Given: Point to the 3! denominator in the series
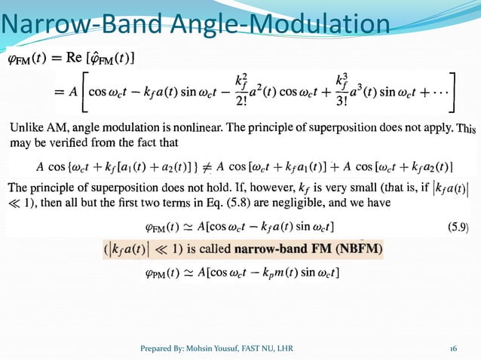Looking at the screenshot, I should [338, 100].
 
